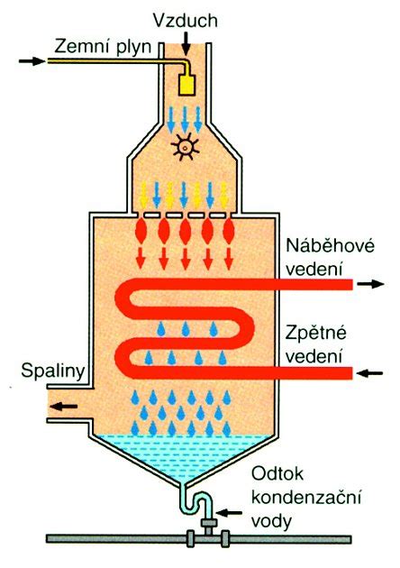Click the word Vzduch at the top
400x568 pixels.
(185, 20)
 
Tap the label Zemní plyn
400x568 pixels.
(103, 47)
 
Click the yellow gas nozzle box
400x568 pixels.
(187, 85)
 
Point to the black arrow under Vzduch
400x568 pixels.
(186, 43)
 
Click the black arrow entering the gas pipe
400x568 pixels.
(32, 61)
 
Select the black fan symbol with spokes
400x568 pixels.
(185, 148)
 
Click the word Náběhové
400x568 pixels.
(330, 247)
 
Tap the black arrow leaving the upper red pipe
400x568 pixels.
(370, 284)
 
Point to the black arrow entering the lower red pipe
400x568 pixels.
(369, 372)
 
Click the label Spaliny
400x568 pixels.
(53, 371)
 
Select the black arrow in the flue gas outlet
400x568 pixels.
(64, 407)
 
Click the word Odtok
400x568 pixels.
(277, 473)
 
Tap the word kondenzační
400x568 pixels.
(306, 498)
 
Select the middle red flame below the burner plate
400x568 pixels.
(186, 231)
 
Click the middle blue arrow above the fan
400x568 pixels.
(185, 119)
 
